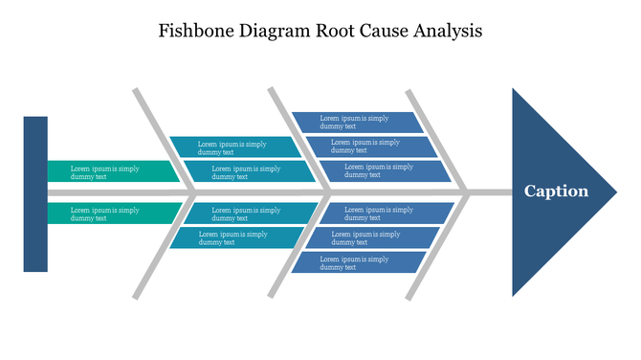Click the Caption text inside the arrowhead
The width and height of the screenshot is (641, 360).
(556, 191)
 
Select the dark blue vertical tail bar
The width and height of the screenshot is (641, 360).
(35, 193)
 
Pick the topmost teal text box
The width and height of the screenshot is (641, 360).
(235, 147)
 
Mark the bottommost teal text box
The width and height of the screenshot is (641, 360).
(235, 238)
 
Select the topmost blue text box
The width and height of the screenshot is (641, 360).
(356, 123)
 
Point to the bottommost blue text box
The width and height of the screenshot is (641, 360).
(356, 261)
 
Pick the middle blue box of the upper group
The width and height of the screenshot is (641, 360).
(369, 146)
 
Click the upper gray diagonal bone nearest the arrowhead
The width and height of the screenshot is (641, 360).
(435, 139)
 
